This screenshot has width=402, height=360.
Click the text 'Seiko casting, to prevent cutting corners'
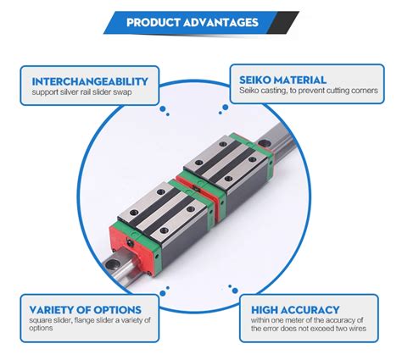coord(306,91)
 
